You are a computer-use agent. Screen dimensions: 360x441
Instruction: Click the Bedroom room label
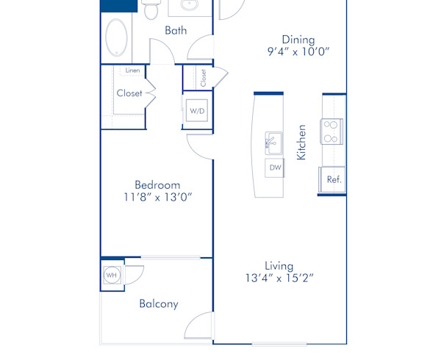(x=157, y=184)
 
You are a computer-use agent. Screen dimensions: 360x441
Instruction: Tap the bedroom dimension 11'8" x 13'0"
(x=157, y=198)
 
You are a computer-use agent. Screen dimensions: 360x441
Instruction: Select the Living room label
(x=279, y=265)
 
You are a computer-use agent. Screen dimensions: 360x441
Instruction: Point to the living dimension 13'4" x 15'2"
(x=279, y=278)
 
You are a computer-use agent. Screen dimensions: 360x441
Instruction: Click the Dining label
(x=298, y=40)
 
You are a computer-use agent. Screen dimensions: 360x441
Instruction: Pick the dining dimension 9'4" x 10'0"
(x=298, y=52)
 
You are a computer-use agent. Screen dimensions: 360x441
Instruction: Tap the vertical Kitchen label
(x=301, y=143)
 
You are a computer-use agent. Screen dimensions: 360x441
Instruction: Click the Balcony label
(x=158, y=303)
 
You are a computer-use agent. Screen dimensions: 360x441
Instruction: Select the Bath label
(x=175, y=31)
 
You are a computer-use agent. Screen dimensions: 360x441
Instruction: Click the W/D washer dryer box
(x=197, y=112)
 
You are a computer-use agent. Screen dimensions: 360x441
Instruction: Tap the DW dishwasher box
(x=275, y=168)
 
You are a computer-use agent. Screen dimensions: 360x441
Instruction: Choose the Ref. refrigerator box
(x=333, y=179)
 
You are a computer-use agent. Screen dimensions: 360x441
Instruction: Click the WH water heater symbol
(x=112, y=276)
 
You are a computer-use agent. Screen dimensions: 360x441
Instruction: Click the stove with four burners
(x=331, y=132)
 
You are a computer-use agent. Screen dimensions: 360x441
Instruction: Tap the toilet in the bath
(x=151, y=10)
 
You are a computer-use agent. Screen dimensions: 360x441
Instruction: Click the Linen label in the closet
(x=132, y=71)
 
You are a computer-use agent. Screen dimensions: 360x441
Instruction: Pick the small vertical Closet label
(x=203, y=77)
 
